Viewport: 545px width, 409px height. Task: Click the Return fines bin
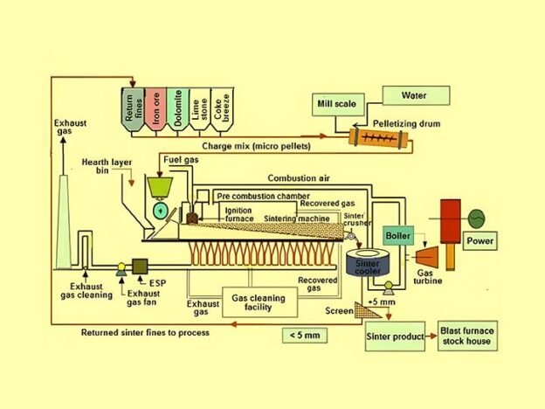[132, 110]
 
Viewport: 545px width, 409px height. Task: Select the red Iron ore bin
[155, 110]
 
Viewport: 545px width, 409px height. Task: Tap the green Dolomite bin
[177, 110]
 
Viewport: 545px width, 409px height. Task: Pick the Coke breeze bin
[222, 110]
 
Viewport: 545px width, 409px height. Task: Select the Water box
[413, 94]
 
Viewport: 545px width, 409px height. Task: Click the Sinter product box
[395, 336]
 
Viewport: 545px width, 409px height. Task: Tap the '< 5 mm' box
[303, 334]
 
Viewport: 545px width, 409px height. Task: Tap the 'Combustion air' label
[297, 178]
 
